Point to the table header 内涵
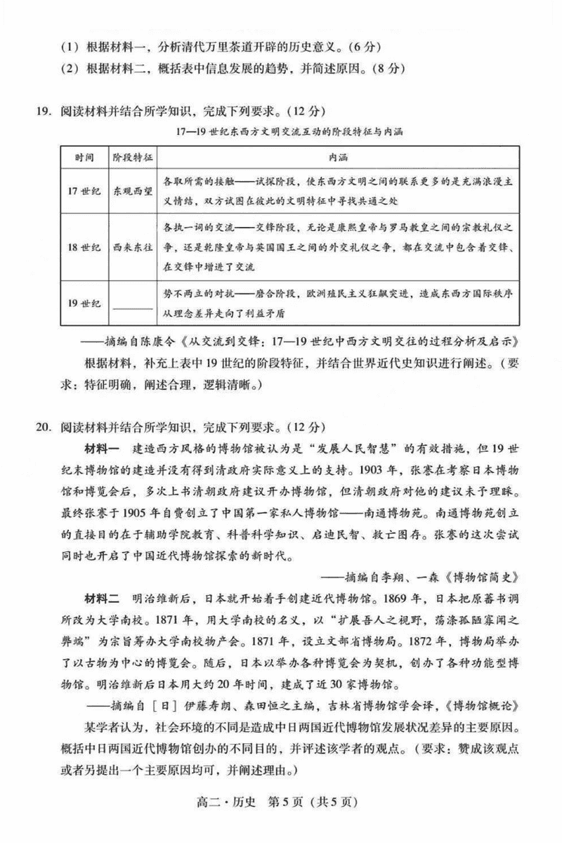[338, 156]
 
